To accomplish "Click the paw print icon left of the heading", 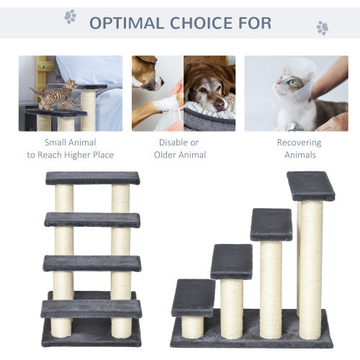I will (x=70, y=16).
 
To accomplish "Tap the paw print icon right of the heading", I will (x=322, y=27).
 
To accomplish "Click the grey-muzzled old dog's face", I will (x=208, y=90).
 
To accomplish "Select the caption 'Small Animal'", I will (x=70, y=143).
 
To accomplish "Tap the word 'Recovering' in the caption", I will (x=299, y=143).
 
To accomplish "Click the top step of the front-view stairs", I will (x=93, y=178).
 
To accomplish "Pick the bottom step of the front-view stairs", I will (x=91, y=309).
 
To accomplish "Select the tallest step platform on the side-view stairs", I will (x=310, y=186).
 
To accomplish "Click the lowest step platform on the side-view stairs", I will (x=193, y=297).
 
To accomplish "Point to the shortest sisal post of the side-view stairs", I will (x=192, y=326).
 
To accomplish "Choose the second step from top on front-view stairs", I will (x=91, y=219).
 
